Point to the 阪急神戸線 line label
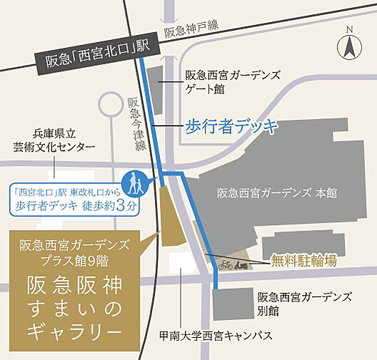pyautogui.click(x=189, y=31)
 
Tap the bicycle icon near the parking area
pyautogui.click(x=225, y=264)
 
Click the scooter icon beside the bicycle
pyautogui.click(x=243, y=264)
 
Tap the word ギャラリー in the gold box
pyautogui.click(x=78, y=331)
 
